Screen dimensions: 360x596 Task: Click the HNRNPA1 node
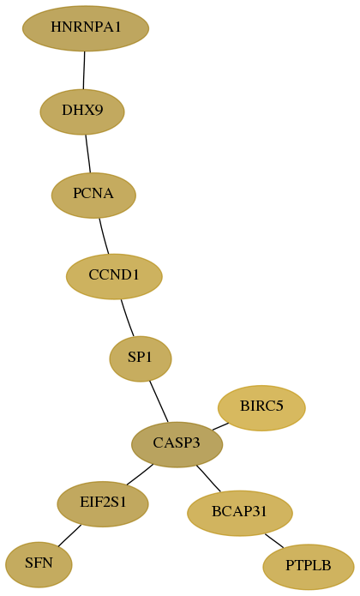86,28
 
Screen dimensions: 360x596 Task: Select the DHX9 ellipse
82,111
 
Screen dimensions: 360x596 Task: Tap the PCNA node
93,195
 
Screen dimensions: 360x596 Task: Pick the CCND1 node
114,276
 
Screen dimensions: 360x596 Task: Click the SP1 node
141,358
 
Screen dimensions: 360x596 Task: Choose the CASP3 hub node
177,444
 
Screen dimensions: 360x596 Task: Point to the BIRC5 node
261,408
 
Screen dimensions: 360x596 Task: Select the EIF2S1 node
103,504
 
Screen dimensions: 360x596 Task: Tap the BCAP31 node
240,513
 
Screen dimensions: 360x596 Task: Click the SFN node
39,565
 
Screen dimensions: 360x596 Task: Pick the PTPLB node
309,567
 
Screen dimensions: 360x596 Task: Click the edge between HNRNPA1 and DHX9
84,70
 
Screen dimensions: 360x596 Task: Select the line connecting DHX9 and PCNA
88,154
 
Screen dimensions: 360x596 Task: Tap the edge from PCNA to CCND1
104,236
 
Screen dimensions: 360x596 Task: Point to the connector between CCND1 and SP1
127,318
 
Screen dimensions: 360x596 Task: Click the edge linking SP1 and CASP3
159,402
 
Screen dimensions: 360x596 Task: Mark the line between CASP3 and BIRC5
220,426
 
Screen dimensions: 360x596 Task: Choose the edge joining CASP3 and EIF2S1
140,474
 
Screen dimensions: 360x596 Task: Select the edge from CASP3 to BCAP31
208,479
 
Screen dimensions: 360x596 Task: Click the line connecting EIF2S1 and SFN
69,536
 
